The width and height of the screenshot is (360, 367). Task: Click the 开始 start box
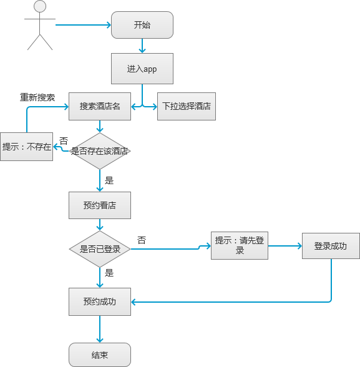pyautogui.click(x=142, y=25)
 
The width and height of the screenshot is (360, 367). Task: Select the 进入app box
pyautogui.click(x=142, y=69)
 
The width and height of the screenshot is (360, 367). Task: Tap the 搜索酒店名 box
pyautogui.click(x=100, y=106)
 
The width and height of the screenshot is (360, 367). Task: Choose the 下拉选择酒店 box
pyautogui.click(x=187, y=106)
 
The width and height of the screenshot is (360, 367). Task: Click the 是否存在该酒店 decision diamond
pyautogui.click(x=100, y=151)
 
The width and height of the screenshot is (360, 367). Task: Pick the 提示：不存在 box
pyautogui.click(x=26, y=147)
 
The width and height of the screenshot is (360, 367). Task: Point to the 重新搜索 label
pyautogui.click(x=37, y=97)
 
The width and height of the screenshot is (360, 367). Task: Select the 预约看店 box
pyautogui.click(x=100, y=205)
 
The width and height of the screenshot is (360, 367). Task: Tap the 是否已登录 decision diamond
pyautogui.click(x=100, y=249)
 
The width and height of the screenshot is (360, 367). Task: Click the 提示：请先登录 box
pyautogui.click(x=240, y=245)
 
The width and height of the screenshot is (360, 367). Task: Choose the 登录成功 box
pyautogui.click(x=331, y=246)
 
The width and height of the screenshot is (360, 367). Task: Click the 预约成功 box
pyautogui.click(x=100, y=301)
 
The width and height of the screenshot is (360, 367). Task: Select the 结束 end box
pyautogui.click(x=100, y=355)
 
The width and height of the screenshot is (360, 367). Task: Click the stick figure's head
pyautogui.click(x=40, y=6)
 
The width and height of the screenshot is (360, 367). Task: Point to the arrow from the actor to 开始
pyautogui.click(x=83, y=25)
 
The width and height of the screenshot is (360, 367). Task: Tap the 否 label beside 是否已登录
pyautogui.click(x=142, y=240)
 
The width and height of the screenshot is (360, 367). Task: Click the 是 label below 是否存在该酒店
pyautogui.click(x=109, y=180)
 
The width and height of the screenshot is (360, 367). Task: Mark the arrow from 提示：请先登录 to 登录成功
pyautogui.click(x=285, y=246)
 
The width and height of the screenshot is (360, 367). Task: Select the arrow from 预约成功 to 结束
pyautogui.click(x=100, y=329)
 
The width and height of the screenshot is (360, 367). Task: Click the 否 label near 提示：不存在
pyautogui.click(x=64, y=141)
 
